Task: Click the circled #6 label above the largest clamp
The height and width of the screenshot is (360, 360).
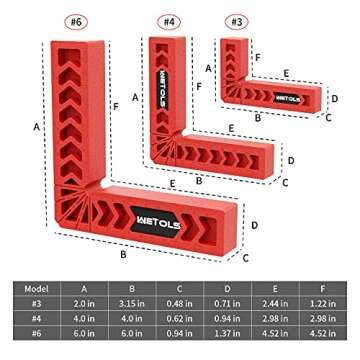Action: click(73, 19)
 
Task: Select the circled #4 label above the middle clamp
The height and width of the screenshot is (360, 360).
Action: click(170, 19)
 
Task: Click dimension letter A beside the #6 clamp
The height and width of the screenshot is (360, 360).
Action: click(37, 129)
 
